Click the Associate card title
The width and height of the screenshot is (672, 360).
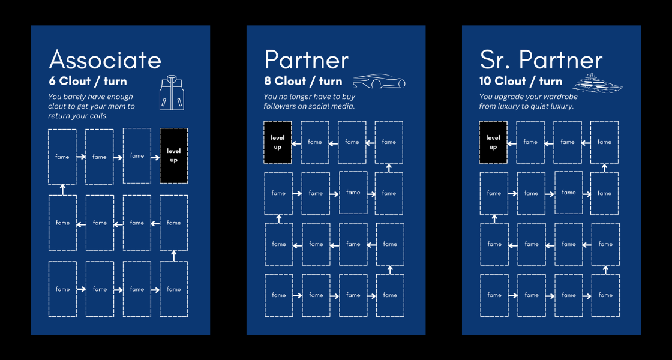click(105, 60)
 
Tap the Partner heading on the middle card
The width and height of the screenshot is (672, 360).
click(307, 60)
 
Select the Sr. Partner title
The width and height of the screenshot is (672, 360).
click(541, 60)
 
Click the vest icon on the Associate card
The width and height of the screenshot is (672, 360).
click(172, 93)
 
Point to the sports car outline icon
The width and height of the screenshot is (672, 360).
click(379, 80)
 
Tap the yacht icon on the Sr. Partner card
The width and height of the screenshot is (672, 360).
click(598, 83)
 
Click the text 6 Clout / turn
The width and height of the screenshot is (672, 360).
click(88, 81)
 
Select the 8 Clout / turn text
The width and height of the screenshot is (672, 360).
click(304, 81)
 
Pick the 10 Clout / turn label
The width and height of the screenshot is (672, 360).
click(521, 81)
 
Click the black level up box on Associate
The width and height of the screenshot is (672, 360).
click(173, 155)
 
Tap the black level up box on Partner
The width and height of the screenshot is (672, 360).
click(278, 142)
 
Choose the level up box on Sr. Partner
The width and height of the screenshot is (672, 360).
click(493, 142)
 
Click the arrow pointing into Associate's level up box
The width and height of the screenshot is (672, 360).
click(155, 157)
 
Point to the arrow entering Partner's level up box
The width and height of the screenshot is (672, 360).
click(296, 142)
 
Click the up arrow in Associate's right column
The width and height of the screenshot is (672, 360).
click(173, 256)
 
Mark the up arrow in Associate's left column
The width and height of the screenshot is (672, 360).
click(62, 190)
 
